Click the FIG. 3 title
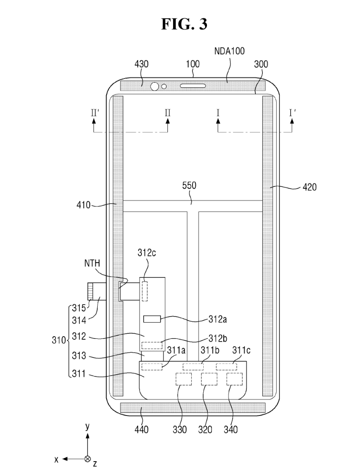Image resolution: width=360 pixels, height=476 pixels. point(184,24)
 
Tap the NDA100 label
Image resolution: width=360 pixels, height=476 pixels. point(229,51)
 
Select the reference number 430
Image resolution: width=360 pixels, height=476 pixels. point(141,64)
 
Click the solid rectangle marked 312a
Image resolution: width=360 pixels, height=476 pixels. point(152,319)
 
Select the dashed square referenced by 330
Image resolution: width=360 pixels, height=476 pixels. point(183,379)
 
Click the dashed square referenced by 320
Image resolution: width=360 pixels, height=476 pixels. point(209,379)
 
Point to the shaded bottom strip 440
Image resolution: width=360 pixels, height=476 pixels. point(193,408)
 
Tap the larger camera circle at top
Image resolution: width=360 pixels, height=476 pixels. point(155,86)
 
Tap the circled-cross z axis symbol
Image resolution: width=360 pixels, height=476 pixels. point(87,459)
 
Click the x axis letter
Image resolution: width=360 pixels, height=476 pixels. point(56,459)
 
